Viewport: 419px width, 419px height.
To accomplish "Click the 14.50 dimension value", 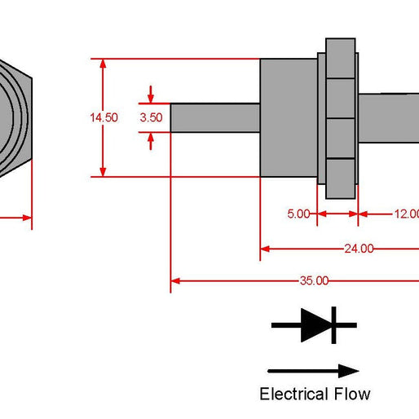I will (x=104, y=117).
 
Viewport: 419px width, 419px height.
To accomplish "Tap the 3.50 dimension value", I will (x=152, y=117).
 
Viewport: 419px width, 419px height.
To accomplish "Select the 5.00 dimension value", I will (x=298, y=214).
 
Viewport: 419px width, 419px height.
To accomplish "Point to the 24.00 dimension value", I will (x=359, y=249).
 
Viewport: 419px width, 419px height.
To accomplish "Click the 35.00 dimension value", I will (x=314, y=280).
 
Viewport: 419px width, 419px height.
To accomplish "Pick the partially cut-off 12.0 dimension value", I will (x=405, y=214).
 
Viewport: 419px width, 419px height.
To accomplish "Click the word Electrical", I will (x=293, y=395).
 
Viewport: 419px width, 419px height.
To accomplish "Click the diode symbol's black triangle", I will (x=315, y=325).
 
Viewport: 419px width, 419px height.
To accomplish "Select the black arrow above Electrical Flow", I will (x=313, y=371).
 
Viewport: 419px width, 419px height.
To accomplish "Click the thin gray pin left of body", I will (x=214, y=117).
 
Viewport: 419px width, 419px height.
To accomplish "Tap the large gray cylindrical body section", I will (x=288, y=117).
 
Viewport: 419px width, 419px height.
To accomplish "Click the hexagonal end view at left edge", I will (x=12, y=117).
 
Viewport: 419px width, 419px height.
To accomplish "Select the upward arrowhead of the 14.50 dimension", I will (x=104, y=65).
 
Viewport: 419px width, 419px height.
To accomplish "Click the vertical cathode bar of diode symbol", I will (x=333, y=325).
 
